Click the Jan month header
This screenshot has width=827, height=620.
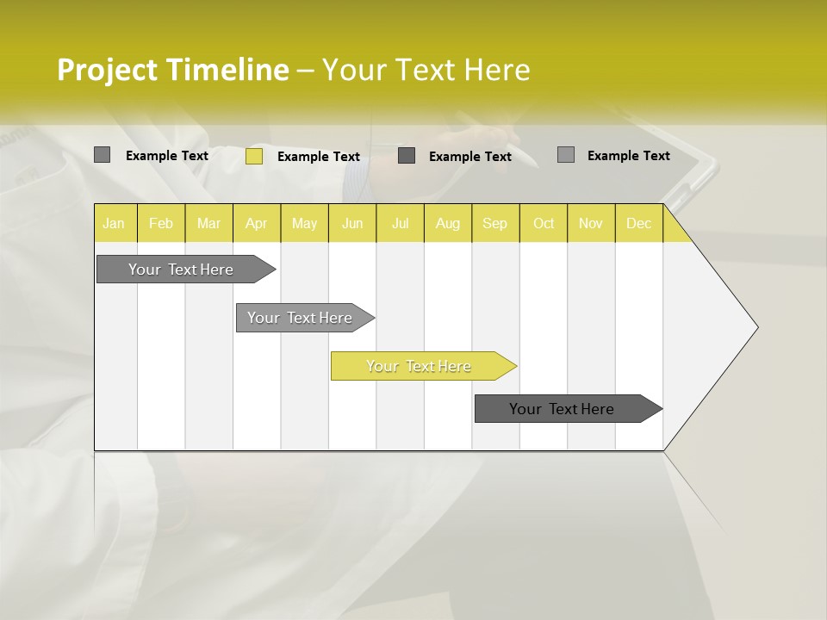(x=114, y=224)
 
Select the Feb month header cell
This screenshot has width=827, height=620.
(x=161, y=224)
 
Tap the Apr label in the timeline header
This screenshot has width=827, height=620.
(x=256, y=224)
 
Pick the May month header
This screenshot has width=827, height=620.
(x=304, y=224)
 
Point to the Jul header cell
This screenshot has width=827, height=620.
(x=400, y=224)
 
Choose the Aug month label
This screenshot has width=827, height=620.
(x=447, y=224)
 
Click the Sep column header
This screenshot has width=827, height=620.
(x=494, y=224)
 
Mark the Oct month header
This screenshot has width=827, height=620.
(x=544, y=224)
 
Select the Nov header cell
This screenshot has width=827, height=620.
(x=591, y=224)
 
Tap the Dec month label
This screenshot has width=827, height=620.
(x=638, y=224)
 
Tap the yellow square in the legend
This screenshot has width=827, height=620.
(x=254, y=156)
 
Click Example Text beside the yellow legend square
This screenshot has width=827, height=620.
(x=319, y=157)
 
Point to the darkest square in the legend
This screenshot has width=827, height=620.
(x=407, y=156)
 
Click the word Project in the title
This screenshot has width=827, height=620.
(x=109, y=70)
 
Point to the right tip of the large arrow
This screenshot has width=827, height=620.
(x=756, y=327)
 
